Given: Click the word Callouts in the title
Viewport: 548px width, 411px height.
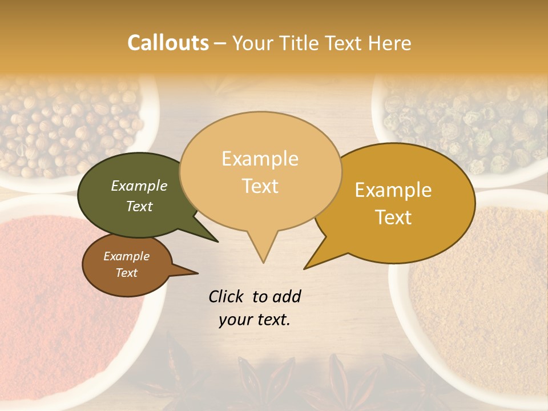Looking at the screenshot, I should click(168, 43).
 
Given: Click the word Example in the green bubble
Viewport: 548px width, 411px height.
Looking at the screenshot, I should click(139, 186).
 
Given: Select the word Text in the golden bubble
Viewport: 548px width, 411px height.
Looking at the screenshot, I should click(394, 217).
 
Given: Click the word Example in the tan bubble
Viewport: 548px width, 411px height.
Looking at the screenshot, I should click(260, 159).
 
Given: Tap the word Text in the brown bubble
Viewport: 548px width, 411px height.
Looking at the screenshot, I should click(127, 273).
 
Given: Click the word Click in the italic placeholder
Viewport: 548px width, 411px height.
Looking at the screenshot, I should click(227, 296).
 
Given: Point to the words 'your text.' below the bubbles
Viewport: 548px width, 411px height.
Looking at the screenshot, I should click(255, 320).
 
